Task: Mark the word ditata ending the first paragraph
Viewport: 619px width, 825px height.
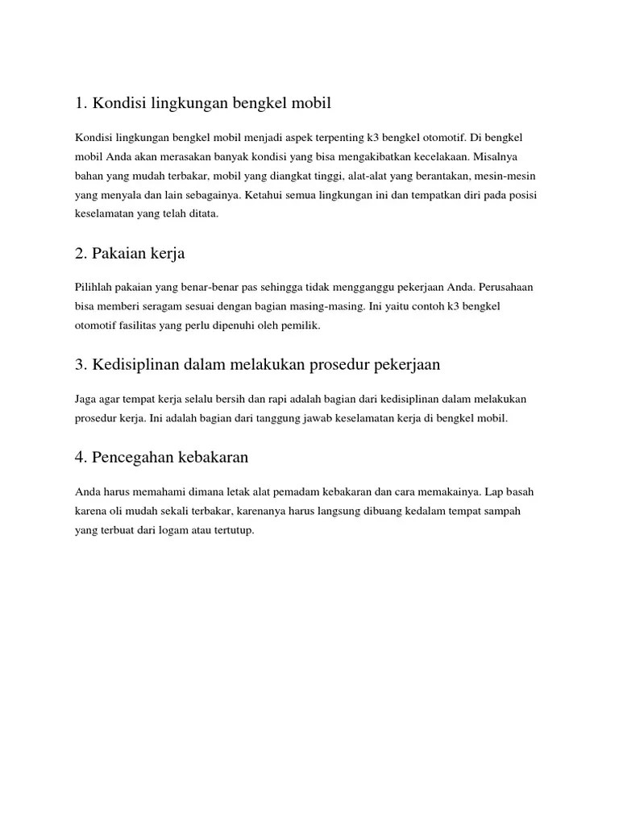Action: point(203,214)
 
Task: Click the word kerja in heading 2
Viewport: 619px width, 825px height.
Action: point(167,254)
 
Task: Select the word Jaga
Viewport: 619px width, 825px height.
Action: point(85,399)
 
